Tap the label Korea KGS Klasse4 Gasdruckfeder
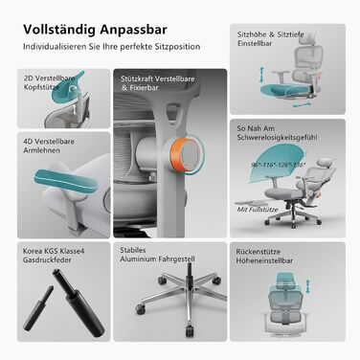click(x=48, y=258)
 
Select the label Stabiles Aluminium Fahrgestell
click(x=153, y=258)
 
